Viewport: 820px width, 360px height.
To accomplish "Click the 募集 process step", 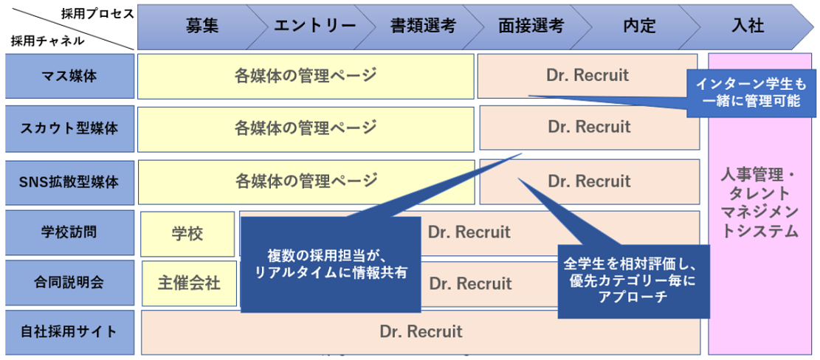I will coord(201,26).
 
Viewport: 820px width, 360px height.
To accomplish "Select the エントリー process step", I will coord(314,26).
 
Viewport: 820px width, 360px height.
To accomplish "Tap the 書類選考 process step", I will coord(423,26).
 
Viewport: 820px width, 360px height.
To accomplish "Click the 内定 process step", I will coord(638,26).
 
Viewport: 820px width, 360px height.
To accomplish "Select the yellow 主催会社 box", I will coord(189,283).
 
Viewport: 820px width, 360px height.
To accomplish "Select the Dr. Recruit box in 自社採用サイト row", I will coord(421,331).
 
